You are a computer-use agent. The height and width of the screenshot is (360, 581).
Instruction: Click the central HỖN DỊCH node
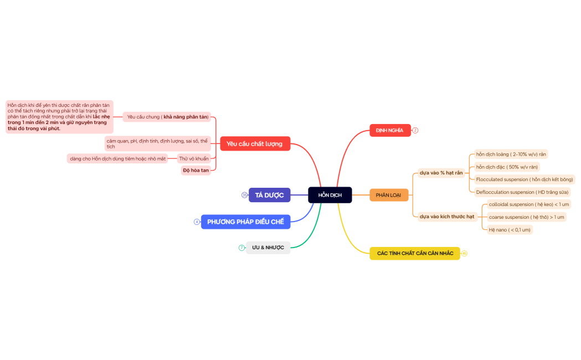(330, 195)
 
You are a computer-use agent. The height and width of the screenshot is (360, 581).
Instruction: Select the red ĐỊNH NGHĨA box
(389, 130)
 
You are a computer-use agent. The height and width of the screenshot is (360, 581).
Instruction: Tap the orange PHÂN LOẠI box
(388, 195)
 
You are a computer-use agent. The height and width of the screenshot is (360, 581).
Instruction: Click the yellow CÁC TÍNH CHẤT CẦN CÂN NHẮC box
(415, 253)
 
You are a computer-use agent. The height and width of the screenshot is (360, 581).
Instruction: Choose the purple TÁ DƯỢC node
(269, 195)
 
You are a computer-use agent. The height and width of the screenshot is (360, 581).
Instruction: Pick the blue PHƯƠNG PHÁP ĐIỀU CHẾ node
(245, 222)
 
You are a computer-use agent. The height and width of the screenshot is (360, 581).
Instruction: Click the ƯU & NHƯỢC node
(268, 248)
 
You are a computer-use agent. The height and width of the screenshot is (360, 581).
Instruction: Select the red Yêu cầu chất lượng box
(254, 143)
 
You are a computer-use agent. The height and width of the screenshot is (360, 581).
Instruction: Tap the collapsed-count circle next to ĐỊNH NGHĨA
(415, 130)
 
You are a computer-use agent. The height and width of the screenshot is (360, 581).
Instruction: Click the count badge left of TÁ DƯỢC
(244, 195)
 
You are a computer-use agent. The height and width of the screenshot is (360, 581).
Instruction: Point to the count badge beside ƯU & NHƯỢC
(241, 248)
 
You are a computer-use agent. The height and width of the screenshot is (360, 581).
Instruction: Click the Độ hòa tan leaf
(196, 170)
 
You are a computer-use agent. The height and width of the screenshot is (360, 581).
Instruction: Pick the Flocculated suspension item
(524, 179)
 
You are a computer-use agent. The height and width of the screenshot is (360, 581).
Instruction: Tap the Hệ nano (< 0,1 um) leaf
(509, 229)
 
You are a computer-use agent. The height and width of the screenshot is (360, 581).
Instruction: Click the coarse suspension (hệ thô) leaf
(526, 217)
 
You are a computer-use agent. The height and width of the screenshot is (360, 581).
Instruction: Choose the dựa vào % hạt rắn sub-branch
(441, 173)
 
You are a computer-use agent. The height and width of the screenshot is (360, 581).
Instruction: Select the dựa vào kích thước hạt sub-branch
(446, 217)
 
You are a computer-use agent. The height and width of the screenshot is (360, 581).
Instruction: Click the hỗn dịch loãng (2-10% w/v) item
(511, 154)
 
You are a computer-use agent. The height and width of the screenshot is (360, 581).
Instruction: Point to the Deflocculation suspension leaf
(522, 192)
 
